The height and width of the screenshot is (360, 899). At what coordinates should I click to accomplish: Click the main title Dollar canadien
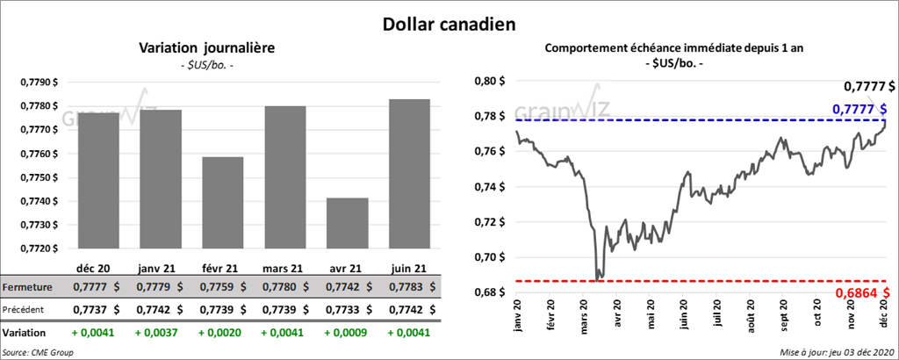click(449, 25)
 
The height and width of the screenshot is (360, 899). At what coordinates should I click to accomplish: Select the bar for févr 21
click(223, 203)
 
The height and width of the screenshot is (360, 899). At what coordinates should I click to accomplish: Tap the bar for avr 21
click(347, 223)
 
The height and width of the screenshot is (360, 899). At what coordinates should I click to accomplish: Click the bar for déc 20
click(98, 180)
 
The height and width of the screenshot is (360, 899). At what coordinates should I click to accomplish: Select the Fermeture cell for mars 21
click(284, 287)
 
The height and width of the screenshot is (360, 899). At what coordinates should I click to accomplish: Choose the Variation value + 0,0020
click(223, 334)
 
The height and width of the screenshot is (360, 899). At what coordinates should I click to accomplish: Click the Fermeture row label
click(26, 287)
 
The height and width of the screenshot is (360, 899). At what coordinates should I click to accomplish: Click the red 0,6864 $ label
click(865, 292)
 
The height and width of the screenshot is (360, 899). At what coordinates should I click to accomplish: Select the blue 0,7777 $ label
click(865, 108)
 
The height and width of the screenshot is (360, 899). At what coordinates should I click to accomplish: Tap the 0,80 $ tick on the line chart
click(490, 82)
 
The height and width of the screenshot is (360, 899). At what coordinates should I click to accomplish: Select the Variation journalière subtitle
click(207, 48)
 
